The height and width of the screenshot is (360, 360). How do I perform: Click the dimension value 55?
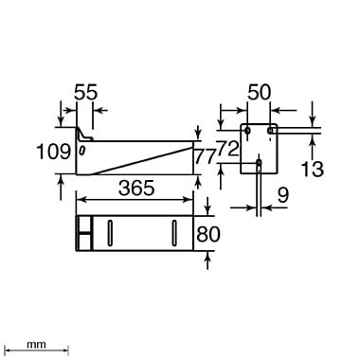pyautogui.click(x=86, y=93)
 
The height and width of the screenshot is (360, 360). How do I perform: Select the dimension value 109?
pyautogui.click(x=53, y=152)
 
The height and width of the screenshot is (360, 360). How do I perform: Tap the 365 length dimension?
pyautogui.click(x=136, y=189)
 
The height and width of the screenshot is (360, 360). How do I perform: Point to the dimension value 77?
pyautogui.click(x=206, y=157)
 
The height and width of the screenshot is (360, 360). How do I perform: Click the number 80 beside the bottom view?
pyautogui.click(x=208, y=234)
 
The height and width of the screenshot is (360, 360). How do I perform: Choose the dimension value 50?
pyautogui.click(x=260, y=93)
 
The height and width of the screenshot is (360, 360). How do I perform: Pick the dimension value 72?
pyautogui.click(x=227, y=149)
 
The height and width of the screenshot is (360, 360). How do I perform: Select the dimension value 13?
pyautogui.click(x=312, y=169)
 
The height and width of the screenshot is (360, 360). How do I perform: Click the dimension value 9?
pyautogui.click(x=282, y=195)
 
